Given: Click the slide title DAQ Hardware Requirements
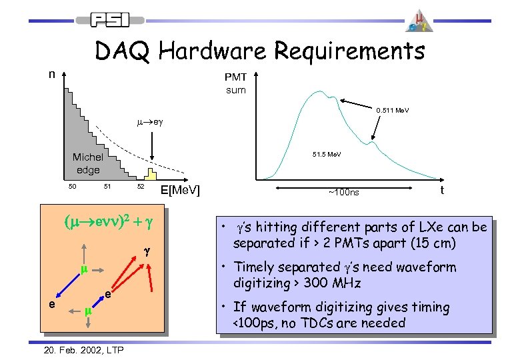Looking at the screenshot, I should click(x=259, y=51).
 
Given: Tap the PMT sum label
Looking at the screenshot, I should click(x=235, y=85).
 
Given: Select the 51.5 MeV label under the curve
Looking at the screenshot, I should click(x=327, y=155).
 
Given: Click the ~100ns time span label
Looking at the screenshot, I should click(x=343, y=193).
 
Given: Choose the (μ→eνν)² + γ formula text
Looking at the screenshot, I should click(x=111, y=221).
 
